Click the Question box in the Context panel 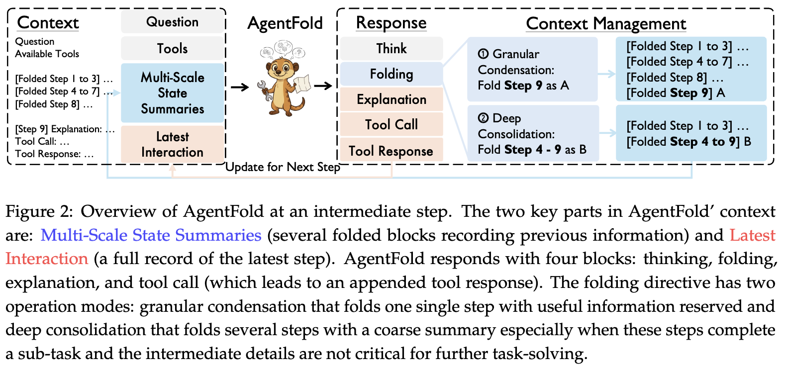[x=172, y=22]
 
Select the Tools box [x=172, y=48]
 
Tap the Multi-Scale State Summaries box [x=172, y=93]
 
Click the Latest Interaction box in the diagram [x=172, y=144]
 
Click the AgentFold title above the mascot [x=285, y=23]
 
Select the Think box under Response [x=391, y=48]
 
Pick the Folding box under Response [x=391, y=74]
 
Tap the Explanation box [x=391, y=99]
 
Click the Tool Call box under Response [x=391, y=124]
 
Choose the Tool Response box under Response [x=391, y=151]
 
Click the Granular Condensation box [x=532, y=70]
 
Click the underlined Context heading [x=48, y=23]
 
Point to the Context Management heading [x=605, y=23]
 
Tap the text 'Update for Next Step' [x=283, y=167]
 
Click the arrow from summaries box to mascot [x=240, y=87]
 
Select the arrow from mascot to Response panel [x=323, y=86]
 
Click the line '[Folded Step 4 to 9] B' [x=688, y=142]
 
